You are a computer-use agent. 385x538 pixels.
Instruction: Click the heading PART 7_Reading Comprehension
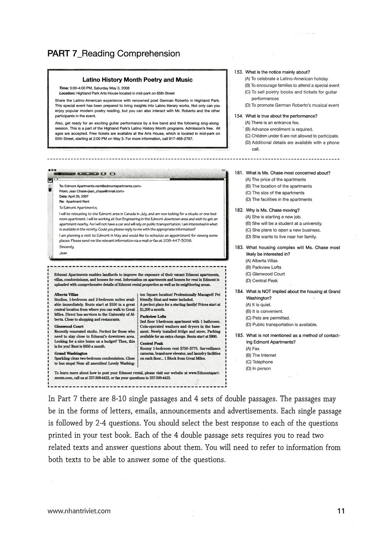(x=114, y=54)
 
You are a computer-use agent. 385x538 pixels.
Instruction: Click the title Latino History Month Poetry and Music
(x=137, y=80)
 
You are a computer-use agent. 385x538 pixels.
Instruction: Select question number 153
(x=239, y=72)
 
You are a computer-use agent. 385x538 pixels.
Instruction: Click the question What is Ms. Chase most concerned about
(x=288, y=173)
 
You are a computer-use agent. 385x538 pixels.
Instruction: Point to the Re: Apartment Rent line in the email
(x=74, y=201)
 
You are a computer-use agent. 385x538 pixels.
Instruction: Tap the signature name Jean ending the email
(x=63, y=253)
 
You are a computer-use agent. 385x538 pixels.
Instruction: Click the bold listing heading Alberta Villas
(x=66, y=295)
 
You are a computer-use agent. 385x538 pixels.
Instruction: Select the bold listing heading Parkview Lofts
(x=153, y=317)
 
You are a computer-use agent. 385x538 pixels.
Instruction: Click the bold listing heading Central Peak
(x=151, y=344)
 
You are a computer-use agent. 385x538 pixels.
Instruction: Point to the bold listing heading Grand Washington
(x=71, y=354)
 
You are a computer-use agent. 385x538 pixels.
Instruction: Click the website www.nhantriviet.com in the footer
(x=79, y=511)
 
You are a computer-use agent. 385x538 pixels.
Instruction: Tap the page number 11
(x=340, y=511)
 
